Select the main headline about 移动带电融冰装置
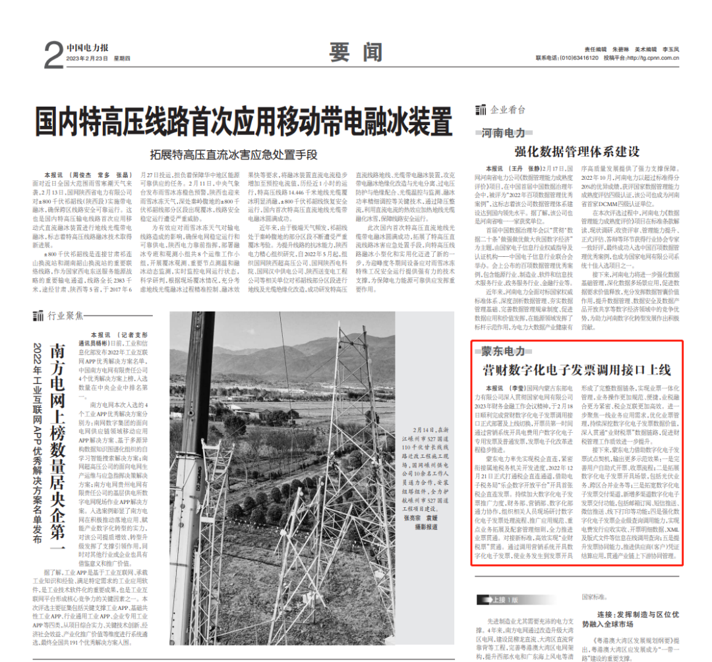point(244,121)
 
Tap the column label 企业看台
point(508,110)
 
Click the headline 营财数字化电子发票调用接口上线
point(577,370)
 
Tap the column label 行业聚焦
point(65,316)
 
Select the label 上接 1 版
point(500,600)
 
